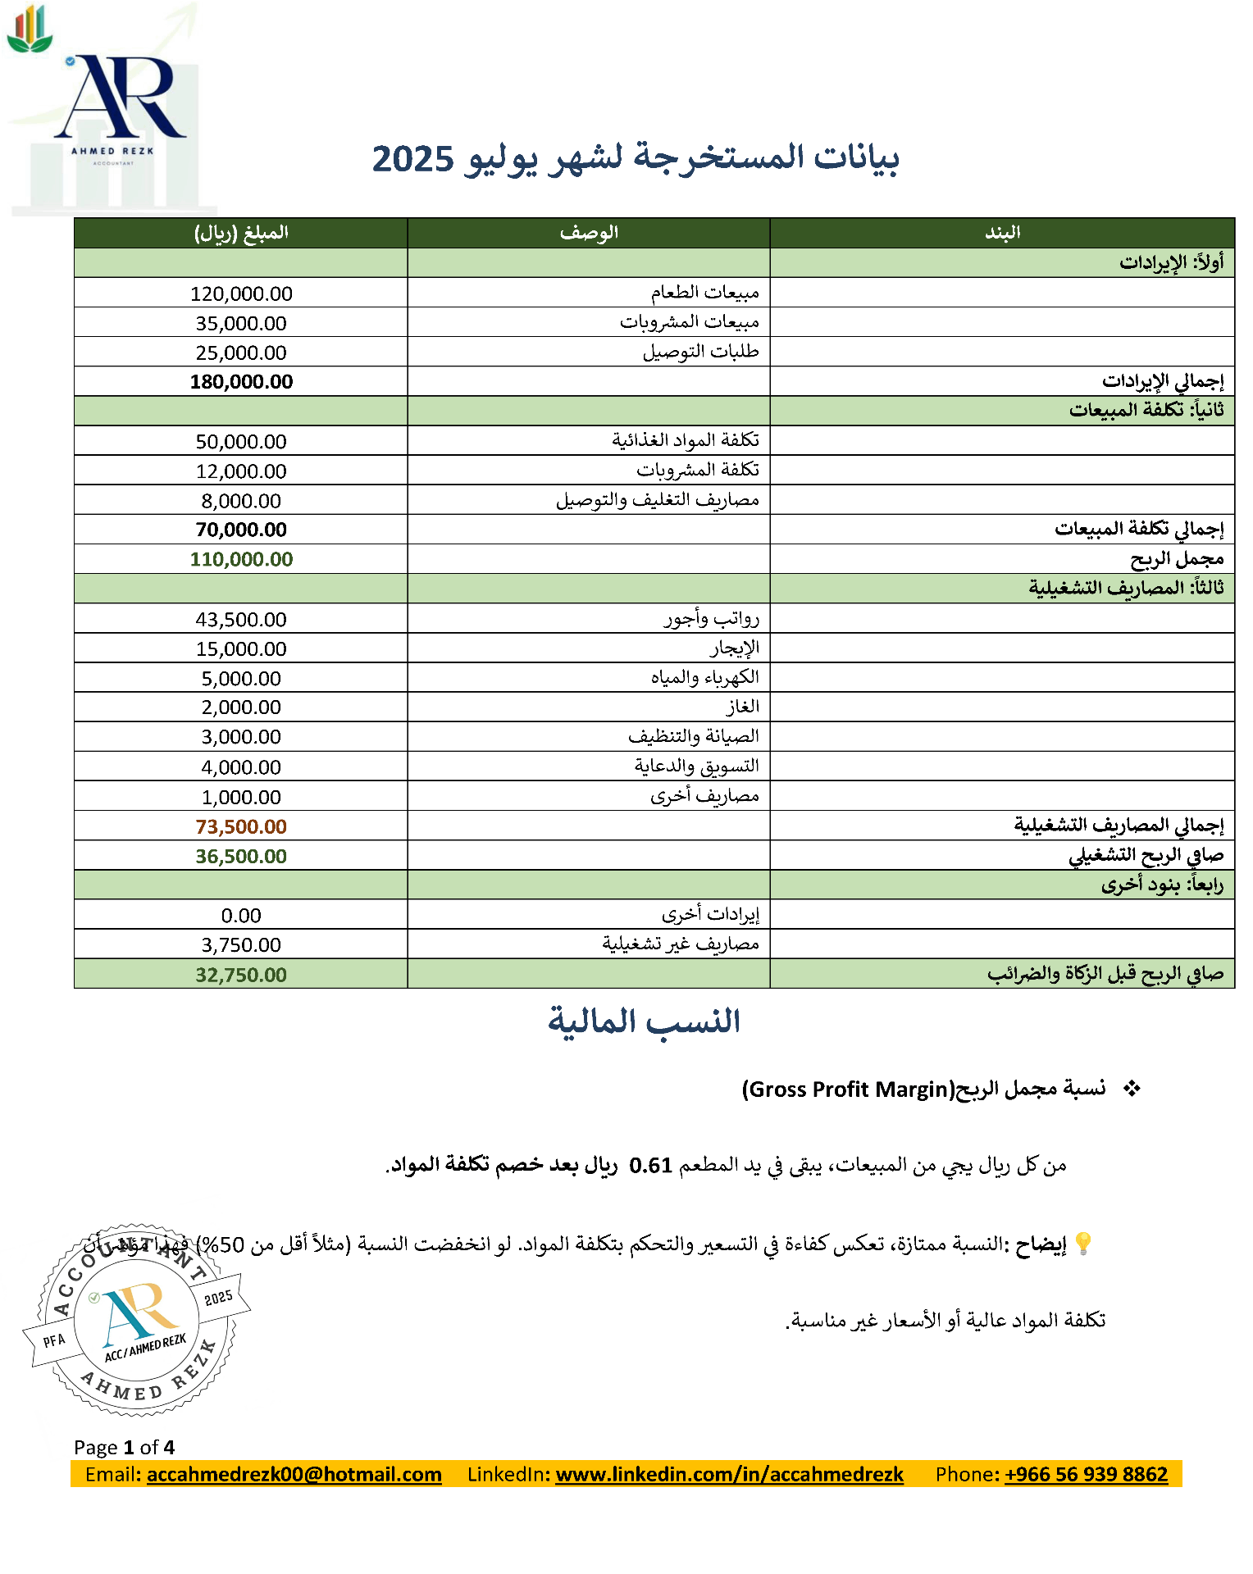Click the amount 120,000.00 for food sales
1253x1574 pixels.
pyautogui.click(x=241, y=293)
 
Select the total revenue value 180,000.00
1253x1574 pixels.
pyautogui.click(x=241, y=382)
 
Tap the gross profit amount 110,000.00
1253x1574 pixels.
pyautogui.click(x=241, y=559)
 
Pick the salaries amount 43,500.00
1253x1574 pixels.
pyautogui.click(x=241, y=620)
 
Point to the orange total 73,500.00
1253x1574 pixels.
pyautogui.click(x=241, y=826)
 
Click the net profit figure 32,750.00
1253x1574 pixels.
pyautogui.click(x=241, y=975)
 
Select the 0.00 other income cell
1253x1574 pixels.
pyautogui.click(x=241, y=916)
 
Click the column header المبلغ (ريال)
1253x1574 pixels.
pyautogui.click(x=241, y=233)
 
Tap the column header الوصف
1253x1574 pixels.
pyautogui.click(x=589, y=233)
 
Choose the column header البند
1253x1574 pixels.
pyautogui.click(x=1002, y=233)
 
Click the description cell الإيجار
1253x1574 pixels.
pyautogui.click(x=735, y=648)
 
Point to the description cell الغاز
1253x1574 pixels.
pyautogui.click(x=743, y=707)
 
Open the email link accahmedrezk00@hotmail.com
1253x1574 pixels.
pyautogui.click(x=294, y=1474)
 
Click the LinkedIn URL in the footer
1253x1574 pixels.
pyautogui.click(x=729, y=1474)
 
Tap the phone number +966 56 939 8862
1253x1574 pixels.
pyautogui.click(x=1086, y=1474)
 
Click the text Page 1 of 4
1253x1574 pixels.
pyautogui.click(x=124, y=1447)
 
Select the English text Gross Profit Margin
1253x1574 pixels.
pyautogui.click(x=848, y=1090)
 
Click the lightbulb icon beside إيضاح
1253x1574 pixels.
pyautogui.click(x=1082, y=1244)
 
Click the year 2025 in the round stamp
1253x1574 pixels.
pyautogui.click(x=218, y=1298)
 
